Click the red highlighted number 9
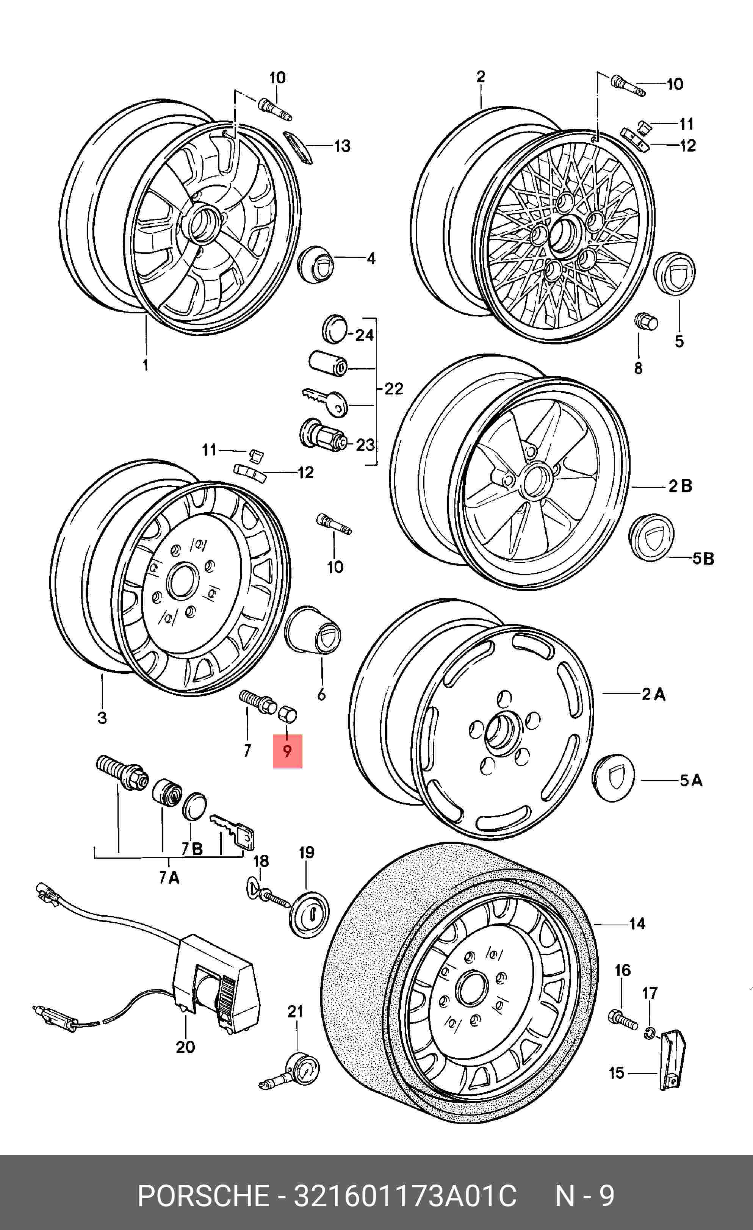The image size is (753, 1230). click(x=287, y=751)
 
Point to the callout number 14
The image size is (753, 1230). click(x=637, y=923)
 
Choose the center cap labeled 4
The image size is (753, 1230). click(x=315, y=264)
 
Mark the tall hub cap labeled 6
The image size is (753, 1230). click(x=313, y=631)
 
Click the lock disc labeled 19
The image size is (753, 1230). click(x=309, y=914)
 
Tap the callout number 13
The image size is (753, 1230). click(x=342, y=146)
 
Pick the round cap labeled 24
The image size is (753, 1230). click(x=335, y=329)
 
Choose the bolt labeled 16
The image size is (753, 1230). click(x=623, y=1019)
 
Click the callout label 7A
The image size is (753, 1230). click(x=169, y=877)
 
